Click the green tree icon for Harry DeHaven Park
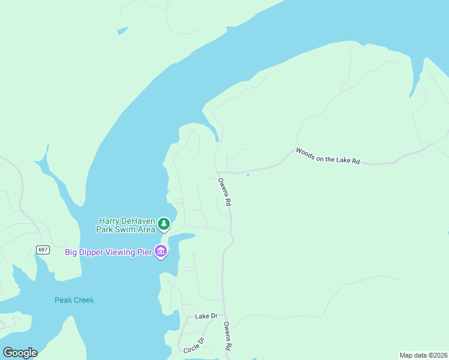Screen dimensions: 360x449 pyautogui.click(x=164, y=224)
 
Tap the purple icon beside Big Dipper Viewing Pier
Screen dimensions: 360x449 pyautogui.click(x=160, y=251)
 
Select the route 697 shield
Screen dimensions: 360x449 pyautogui.click(x=42, y=250)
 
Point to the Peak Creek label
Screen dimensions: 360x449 pyautogui.click(x=74, y=300)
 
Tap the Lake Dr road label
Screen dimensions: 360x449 pyautogui.click(x=206, y=316)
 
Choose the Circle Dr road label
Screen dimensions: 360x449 pyautogui.click(x=194, y=345)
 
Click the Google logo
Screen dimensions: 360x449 pyautogui.click(x=20, y=353)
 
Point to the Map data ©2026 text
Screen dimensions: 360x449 pyautogui.click(x=423, y=355)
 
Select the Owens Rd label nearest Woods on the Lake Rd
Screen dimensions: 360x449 pyautogui.click(x=224, y=192)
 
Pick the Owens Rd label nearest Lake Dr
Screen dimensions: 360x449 pyautogui.click(x=228, y=337)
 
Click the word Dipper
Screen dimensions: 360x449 pyautogui.click(x=93, y=251)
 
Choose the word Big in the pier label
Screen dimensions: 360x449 pyautogui.click(x=72, y=251)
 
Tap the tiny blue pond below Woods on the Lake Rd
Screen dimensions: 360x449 pyautogui.click(x=247, y=175)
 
